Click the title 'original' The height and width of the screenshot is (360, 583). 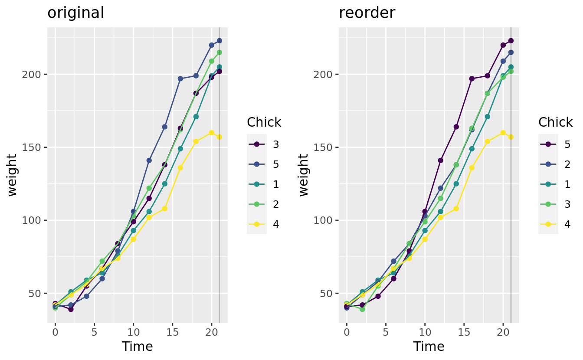click(x=75, y=13)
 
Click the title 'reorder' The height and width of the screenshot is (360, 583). click(x=367, y=13)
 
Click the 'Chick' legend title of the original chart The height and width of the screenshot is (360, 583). click(x=264, y=122)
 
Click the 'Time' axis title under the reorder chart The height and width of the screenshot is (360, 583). click(x=429, y=347)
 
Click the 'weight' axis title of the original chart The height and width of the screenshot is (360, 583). click(x=13, y=175)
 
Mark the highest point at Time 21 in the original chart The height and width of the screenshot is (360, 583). click(x=219, y=41)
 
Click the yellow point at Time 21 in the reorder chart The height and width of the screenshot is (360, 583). click(x=511, y=137)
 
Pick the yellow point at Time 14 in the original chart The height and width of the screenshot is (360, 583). click(x=164, y=209)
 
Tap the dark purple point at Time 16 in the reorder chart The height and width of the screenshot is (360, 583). click(x=472, y=79)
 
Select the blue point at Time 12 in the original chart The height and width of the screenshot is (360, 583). click(x=149, y=160)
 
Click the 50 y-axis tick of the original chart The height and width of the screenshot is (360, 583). click(x=37, y=293)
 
